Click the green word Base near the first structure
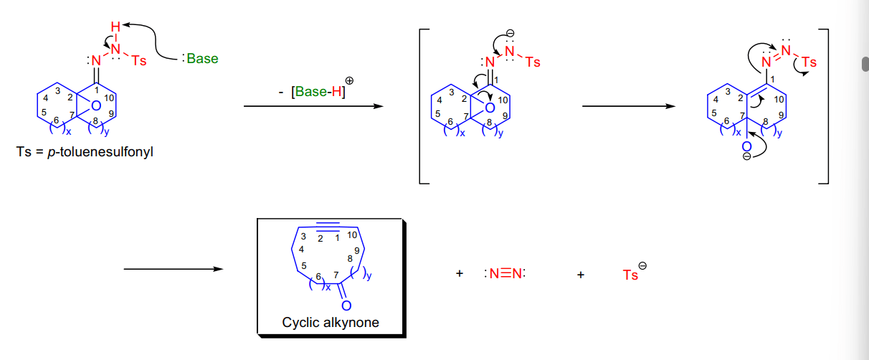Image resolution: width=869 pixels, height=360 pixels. pyautogui.click(x=202, y=59)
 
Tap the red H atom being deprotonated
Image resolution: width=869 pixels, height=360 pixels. pyautogui.click(x=115, y=27)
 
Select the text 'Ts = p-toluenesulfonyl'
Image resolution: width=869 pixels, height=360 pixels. pyautogui.click(x=85, y=151)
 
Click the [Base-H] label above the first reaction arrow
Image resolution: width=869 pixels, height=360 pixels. pyautogui.click(x=318, y=92)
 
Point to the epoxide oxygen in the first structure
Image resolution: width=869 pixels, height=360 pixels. pyautogui.click(x=96, y=105)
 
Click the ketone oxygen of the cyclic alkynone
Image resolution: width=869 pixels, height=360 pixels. pyautogui.click(x=346, y=305)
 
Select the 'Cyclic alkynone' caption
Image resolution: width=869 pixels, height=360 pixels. pyautogui.click(x=330, y=323)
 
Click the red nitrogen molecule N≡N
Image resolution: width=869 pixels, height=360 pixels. pyautogui.click(x=505, y=274)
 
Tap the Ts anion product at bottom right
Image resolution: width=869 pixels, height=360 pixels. pyautogui.click(x=634, y=273)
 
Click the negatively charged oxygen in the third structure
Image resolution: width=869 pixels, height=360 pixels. pyautogui.click(x=746, y=146)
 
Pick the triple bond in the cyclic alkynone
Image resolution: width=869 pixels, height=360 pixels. pyautogui.click(x=328, y=227)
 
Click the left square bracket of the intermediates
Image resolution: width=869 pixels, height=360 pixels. pyautogui.click(x=422, y=106)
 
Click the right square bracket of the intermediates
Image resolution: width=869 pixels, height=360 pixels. pyautogui.click(x=826, y=106)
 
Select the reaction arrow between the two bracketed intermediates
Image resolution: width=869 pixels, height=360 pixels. pyautogui.click(x=629, y=106)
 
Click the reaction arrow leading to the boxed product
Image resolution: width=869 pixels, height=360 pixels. pyautogui.click(x=174, y=269)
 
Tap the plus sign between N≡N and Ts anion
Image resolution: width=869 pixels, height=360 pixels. pyautogui.click(x=580, y=275)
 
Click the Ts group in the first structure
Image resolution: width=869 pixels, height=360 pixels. pyautogui.click(x=138, y=60)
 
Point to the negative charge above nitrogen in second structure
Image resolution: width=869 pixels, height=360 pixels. pyautogui.click(x=511, y=34)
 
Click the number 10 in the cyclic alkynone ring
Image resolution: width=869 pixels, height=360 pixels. pyautogui.click(x=352, y=235)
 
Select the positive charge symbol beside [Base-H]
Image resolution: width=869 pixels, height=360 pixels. pyautogui.click(x=350, y=81)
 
